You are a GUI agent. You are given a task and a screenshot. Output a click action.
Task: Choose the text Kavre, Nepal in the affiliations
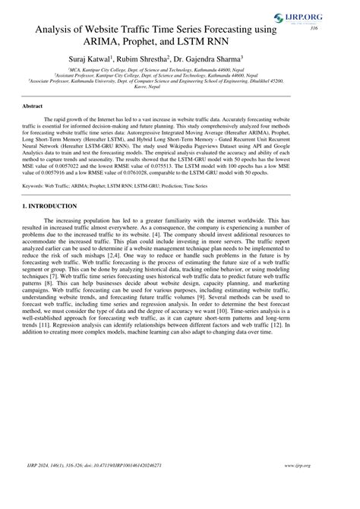point(180,87)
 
